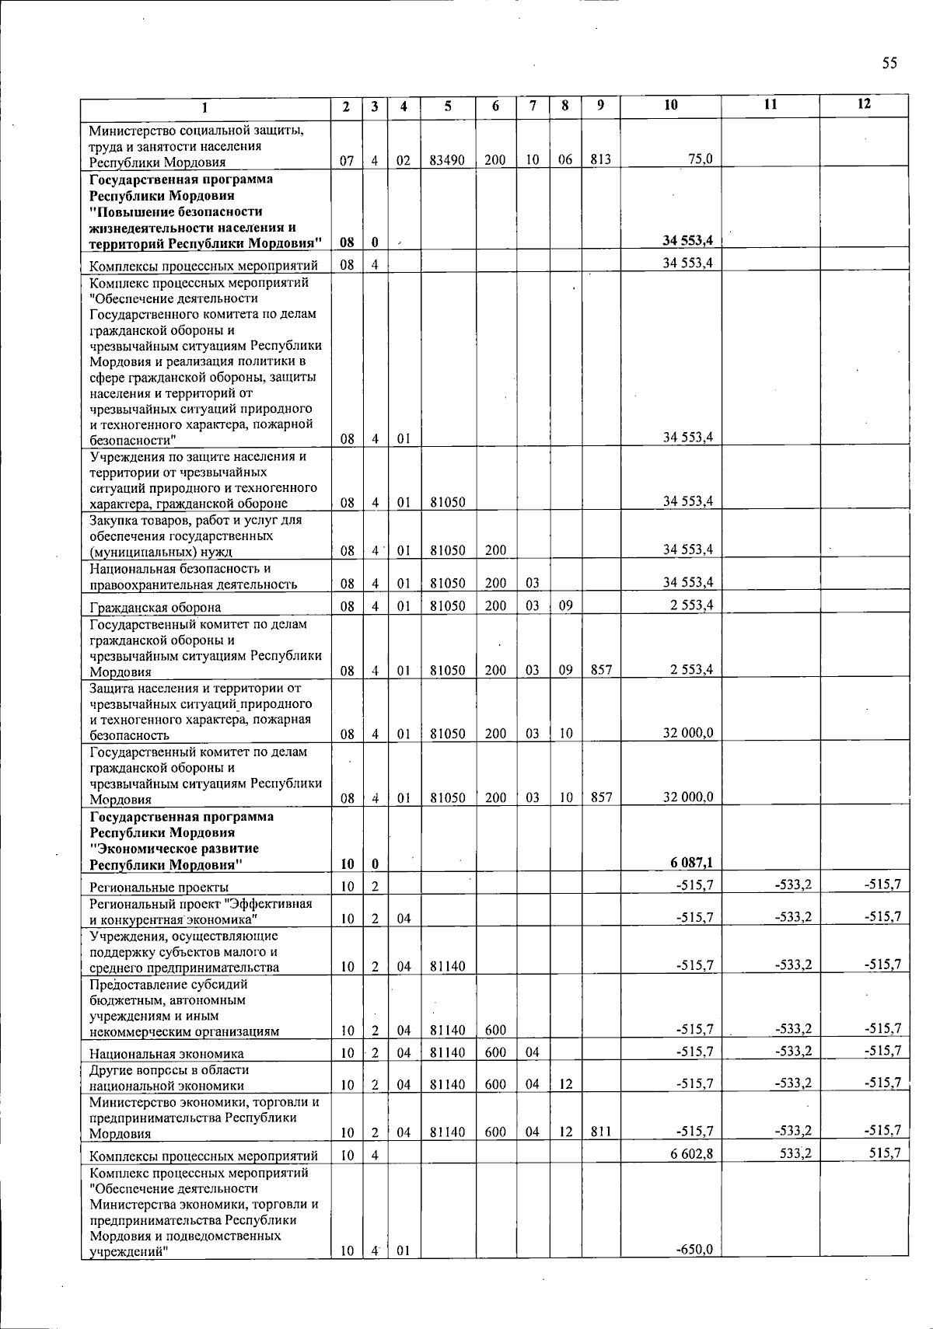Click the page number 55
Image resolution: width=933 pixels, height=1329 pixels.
pyautogui.click(x=889, y=63)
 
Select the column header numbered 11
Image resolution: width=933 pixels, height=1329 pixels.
pyautogui.click(x=770, y=105)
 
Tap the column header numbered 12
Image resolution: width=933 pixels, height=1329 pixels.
pyautogui.click(x=864, y=105)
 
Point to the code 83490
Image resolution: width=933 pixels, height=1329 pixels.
pyautogui.click(x=448, y=160)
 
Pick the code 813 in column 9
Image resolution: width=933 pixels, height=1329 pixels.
pyautogui.click(x=601, y=160)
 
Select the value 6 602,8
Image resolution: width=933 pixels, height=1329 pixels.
pyautogui.click(x=692, y=1153)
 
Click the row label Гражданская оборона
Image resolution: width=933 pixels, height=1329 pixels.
pyautogui.click(x=155, y=607)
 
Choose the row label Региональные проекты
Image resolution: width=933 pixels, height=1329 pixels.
pyautogui.click(x=159, y=887)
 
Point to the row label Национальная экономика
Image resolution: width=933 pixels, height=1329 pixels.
pyautogui.click(x=166, y=1054)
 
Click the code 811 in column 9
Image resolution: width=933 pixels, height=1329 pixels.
pyautogui.click(x=601, y=1132)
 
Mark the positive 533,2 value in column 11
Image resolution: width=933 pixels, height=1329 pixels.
pyautogui.click(x=794, y=1153)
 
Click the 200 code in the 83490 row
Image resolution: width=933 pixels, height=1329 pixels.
pyautogui.click(x=495, y=160)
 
